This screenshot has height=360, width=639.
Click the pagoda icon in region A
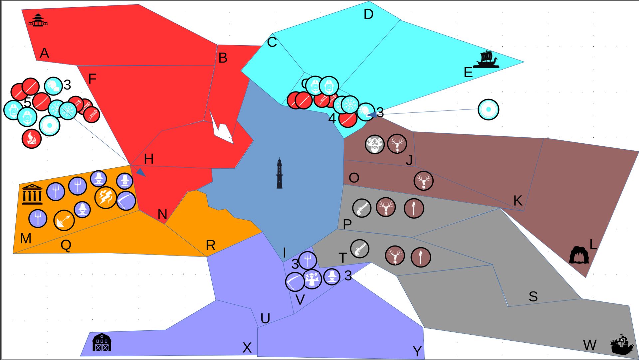pos(38,20)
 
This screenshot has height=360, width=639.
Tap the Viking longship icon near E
pos(486,60)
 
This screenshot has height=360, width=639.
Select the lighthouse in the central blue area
pos(280,173)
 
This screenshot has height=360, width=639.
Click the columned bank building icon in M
pos(32,194)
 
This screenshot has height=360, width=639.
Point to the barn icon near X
pos(102,343)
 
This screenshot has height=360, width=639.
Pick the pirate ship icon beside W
pos(622,345)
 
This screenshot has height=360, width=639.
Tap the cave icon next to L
pos(579,255)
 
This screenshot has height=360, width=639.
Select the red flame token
pos(32,139)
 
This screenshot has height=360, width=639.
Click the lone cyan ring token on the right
pos(488,109)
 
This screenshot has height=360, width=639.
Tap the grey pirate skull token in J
pos(375,144)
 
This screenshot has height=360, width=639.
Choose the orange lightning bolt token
pos(106,197)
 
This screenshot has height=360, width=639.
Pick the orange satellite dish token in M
pos(64,220)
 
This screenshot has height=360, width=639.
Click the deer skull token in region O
pos(423,181)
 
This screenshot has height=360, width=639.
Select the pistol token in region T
pos(360,249)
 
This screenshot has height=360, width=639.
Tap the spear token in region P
pos(414,209)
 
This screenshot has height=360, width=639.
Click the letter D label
pos(368,14)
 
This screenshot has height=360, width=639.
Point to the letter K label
pos(518,201)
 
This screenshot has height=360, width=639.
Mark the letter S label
pos(533,296)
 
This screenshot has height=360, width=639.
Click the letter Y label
pos(417,351)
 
